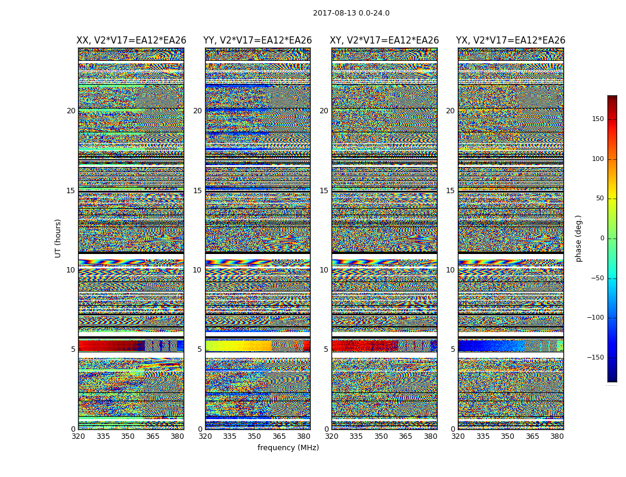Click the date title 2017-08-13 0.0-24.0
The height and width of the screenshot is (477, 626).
(x=351, y=13)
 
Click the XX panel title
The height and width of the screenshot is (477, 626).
(x=131, y=41)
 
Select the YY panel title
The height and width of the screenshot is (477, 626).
(x=258, y=41)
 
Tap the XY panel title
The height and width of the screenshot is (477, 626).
(x=385, y=41)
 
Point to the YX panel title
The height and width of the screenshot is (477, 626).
(x=510, y=41)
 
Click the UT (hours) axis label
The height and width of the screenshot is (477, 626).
(x=58, y=238)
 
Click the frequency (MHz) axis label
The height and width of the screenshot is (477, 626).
(x=288, y=448)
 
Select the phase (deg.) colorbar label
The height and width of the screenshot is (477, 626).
(x=579, y=238)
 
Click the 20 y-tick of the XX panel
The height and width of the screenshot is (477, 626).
(x=71, y=111)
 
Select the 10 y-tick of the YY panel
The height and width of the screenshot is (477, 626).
(x=197, y=270)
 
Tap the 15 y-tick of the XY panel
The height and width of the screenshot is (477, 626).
(x=324, y=191)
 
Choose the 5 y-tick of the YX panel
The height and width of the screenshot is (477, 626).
(x=453, y=349)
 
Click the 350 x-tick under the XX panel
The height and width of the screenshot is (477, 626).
(x=128, y=436)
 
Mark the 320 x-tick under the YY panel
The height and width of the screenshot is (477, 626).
(x=205, y=436)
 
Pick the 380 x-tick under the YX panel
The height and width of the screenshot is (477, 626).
(x=557, y=436)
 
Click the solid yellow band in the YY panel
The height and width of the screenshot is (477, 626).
(x=235, y=345)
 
